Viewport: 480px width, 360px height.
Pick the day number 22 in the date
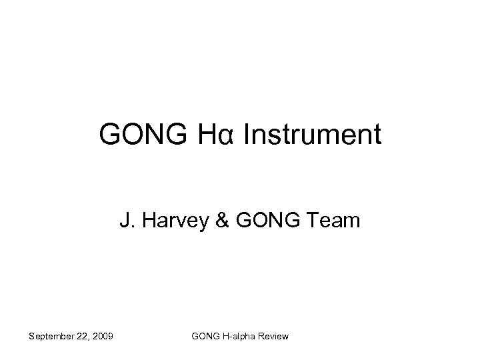pyautogui.click(x=83, y=336)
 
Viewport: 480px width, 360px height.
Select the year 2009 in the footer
pyautogui.click(x=102, y=336)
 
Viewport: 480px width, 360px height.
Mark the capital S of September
pyautogui.click(x=31, y=336)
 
